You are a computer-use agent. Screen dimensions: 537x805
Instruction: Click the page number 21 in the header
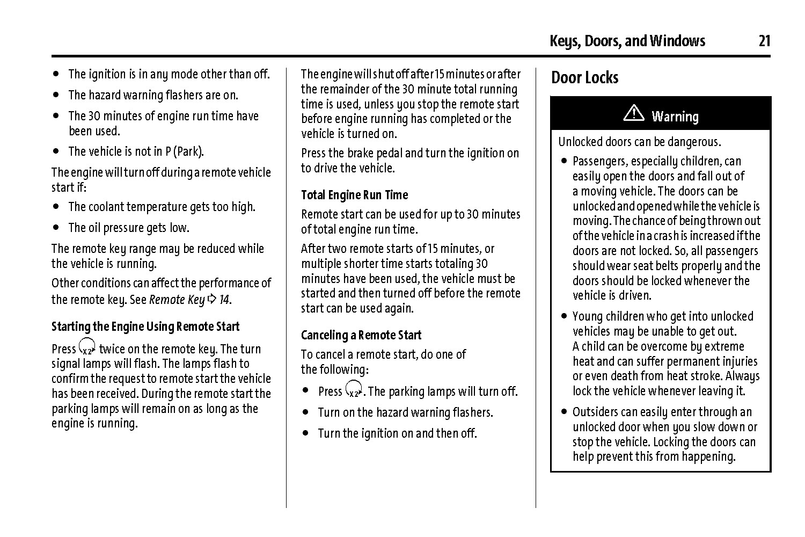(764, 41)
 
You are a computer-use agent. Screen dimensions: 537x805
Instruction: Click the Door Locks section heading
(584, 78)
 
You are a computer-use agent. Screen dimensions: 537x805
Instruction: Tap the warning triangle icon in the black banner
(634, 113)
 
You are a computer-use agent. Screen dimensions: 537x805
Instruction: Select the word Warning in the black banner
(675, 117)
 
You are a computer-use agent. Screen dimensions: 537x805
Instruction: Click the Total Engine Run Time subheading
(354, 195)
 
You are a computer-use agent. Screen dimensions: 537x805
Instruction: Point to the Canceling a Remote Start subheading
(361, 335)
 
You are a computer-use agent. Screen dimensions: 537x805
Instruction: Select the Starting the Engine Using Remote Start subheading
(145, 326)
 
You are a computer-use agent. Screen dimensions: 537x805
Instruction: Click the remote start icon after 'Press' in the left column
(87, 347)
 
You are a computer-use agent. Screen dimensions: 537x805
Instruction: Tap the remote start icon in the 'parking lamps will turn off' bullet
(354, 389)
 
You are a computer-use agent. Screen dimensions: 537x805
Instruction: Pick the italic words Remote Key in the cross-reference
(177, 300)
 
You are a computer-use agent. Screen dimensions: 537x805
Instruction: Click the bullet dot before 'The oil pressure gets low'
(56, 227)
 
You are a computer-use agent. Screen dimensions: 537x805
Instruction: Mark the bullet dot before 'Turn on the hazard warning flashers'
(305, 412)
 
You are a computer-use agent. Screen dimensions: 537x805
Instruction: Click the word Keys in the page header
(563, 41)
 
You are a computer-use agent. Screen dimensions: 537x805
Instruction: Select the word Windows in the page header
(678, 41)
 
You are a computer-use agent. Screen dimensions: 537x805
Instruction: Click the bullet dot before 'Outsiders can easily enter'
(564, 412)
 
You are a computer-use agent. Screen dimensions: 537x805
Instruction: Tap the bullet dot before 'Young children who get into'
(564, 316)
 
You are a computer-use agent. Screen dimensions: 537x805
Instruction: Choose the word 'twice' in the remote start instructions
(112, 349)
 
